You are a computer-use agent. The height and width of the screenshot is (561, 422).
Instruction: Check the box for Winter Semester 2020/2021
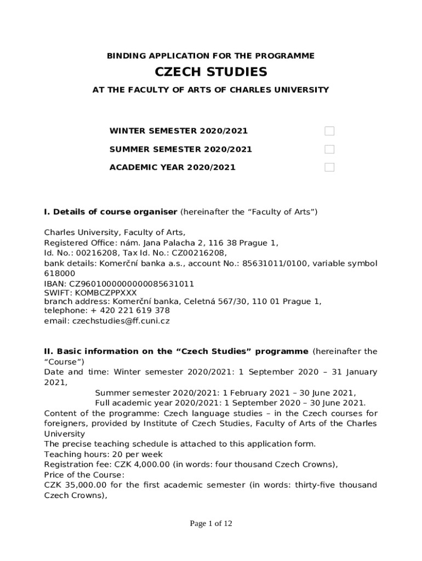tap(329, 131)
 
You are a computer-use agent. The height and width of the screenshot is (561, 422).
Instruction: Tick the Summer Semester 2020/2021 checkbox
tap(329, 149)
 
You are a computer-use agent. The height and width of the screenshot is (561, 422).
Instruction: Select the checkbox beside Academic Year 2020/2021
tap(329, 167)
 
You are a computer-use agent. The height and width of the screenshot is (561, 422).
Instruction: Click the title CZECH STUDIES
tap(211, 72)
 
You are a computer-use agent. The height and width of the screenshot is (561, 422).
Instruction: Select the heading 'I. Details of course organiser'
tap(111, 212)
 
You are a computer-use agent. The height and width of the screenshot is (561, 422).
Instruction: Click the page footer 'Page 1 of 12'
tap(211, 524)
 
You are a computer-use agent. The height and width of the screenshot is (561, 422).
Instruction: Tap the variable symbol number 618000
tap(60, 273)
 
